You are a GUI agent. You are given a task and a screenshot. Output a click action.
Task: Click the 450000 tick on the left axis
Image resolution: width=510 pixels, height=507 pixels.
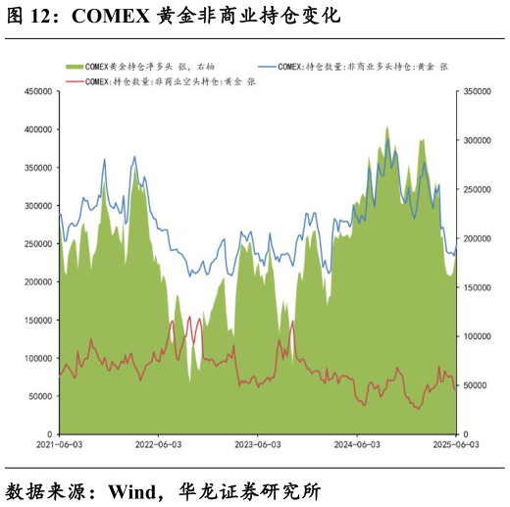[37, 91]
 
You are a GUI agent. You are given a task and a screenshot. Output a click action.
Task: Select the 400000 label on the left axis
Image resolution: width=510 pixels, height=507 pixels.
[37, 129]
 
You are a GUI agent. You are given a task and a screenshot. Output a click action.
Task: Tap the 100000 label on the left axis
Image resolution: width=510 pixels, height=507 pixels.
[37, 359]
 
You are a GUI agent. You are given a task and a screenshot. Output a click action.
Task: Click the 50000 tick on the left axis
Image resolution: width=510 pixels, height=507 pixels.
[39, 396]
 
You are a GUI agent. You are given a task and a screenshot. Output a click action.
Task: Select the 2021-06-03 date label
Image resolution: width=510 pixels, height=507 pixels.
[59, 444]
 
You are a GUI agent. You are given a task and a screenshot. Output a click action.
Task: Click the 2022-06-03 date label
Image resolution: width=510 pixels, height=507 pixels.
[158, 444]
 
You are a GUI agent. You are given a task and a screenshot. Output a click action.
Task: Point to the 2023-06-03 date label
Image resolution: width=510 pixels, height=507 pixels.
[257, 444]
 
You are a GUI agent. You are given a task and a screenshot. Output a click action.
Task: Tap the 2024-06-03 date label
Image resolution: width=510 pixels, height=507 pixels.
[356, 444]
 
